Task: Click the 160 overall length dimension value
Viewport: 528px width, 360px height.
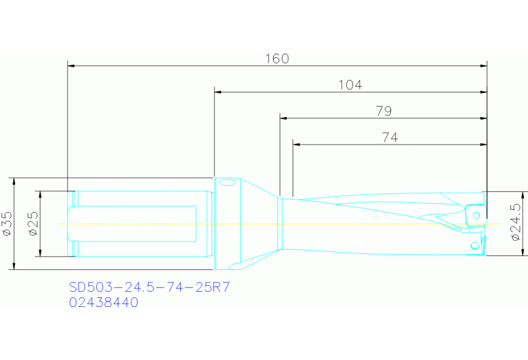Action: pyautogui.click(x=277, y=59)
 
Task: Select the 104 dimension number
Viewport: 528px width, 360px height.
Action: pyautogui.click(x=350, y=85)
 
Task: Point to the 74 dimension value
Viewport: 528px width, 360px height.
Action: pyautogui.click(x=390, y=137)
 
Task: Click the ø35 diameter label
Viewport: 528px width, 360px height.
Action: pyautogui.click(x=8, y=224)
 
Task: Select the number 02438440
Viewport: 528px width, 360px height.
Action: pyautogui.click(x=103, y=302)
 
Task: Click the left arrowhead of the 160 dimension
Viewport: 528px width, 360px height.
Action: pyautogui.click(x=72, y=66)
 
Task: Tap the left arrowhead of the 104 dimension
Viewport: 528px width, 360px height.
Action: pyautogui.click(x=219, y=92)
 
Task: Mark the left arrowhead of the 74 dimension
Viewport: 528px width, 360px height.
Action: pyautogui.click(x=297, y=145)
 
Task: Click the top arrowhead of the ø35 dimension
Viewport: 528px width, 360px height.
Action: pyautogui.click(x=14, y=181)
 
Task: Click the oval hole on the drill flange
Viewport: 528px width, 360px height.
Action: pyautogui.click(x=226, y=183)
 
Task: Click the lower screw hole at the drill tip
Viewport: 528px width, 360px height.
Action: pyautogui.click(x=474, y=246)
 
